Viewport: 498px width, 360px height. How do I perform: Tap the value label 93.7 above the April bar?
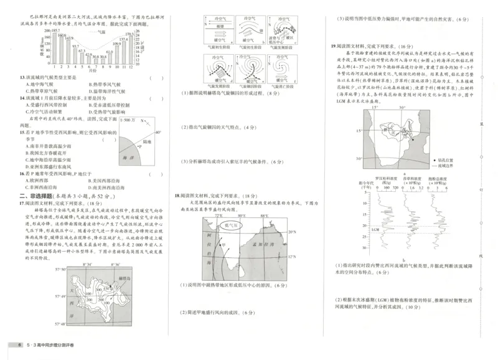[75, 47]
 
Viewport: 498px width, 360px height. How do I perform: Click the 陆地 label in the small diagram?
[147, 142]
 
